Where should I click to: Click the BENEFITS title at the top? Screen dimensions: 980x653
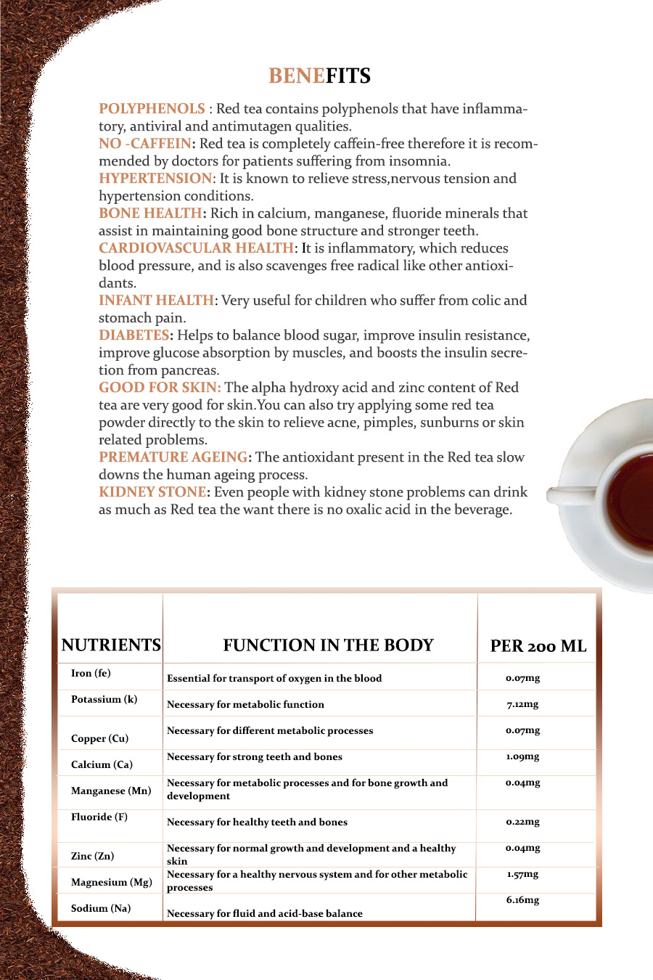pos(319,76)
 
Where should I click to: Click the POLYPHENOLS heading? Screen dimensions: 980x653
pos(152,109)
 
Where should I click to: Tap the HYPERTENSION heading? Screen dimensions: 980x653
pos(155,179)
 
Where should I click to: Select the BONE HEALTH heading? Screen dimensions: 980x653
pos(150,213)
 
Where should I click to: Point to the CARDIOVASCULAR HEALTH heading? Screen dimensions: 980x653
pos(196,248)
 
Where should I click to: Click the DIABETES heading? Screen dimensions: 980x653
pos(134,335)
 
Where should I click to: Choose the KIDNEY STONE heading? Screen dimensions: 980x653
pos(152,492)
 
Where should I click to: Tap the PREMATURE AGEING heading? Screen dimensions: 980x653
pos(173,457)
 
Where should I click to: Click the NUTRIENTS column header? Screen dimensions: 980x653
pos(111,645)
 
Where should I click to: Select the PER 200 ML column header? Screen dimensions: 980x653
pos(538,646)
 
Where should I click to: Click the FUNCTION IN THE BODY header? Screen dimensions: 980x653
pos(328,645)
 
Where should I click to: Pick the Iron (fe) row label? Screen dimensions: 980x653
pos(91,674)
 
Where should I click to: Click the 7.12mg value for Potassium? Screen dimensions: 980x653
pos(522,704)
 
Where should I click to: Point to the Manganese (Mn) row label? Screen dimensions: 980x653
pos(111,791)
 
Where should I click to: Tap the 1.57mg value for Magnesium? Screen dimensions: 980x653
pos(522,874)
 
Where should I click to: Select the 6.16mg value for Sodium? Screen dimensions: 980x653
pos(522,900)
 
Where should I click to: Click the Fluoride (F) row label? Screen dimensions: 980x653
pos(99,817)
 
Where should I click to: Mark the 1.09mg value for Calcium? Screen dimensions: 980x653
pos(522,756)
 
